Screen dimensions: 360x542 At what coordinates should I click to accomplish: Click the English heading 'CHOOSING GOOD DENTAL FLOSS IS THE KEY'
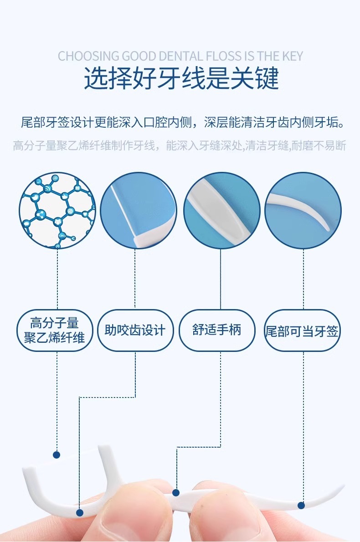pos(180,56)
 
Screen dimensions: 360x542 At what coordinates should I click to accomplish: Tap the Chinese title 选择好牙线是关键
pos(181,78)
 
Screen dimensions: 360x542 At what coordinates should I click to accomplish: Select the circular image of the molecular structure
pos(57,210)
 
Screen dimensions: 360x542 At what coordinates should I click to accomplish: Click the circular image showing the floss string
pos(138,210)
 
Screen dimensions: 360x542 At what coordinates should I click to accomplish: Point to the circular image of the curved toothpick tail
pos(303,210)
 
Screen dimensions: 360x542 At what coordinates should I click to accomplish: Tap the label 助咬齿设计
pos(135,330)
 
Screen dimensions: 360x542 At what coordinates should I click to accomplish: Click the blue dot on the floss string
pos(57,454)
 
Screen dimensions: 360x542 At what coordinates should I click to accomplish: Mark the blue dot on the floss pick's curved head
pos(80,513)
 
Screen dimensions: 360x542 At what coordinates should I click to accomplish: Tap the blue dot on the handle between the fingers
pos(176,492)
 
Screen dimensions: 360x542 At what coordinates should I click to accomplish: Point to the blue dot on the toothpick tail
pos(301,505)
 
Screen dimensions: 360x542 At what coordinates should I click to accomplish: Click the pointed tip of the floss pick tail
pos(343,487)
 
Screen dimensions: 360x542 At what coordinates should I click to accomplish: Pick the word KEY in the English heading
pos(290,56)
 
